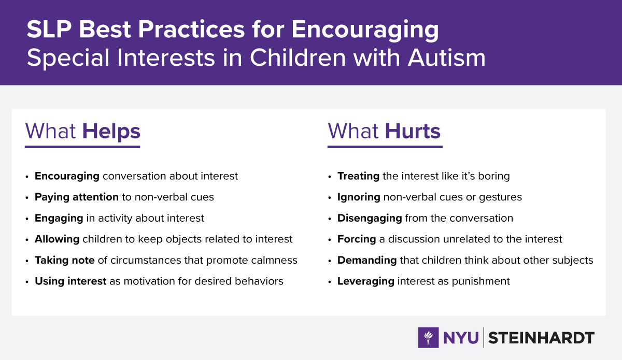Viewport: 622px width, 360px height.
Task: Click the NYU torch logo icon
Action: (429, 338)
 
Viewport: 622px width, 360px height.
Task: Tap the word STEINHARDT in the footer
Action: (541, 338)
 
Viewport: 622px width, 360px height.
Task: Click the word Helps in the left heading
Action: (111, 132)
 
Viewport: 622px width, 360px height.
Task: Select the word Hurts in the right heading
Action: (413, 131)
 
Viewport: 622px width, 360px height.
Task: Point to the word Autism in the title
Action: (446, 57)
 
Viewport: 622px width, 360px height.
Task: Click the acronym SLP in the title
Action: (49, 29)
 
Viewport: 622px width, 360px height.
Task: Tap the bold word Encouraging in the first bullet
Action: (67, 176)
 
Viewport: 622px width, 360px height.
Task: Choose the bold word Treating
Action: (358, 176)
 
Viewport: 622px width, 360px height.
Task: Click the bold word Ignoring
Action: (359, 197)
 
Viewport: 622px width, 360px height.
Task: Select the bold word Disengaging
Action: (370, 219)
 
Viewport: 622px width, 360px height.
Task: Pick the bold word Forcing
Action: (357, 239)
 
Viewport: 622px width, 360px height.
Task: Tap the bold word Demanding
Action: (367, 260)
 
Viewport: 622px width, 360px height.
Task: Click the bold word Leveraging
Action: (366, 281)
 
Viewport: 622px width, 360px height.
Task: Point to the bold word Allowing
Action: (57, 239)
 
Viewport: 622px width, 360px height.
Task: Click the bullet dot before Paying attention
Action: (26, 198)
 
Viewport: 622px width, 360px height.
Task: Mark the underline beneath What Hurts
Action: (385, 147)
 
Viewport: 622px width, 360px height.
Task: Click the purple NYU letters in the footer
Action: (461, 338)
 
